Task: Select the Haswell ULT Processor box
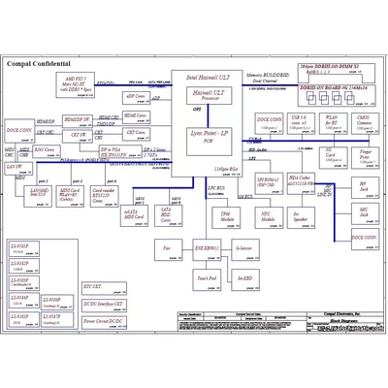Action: [x=205, y=95]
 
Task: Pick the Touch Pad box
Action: [x=206, y=277]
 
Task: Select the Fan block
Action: [x=166, y=249]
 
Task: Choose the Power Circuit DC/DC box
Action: [x=103, y=319]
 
